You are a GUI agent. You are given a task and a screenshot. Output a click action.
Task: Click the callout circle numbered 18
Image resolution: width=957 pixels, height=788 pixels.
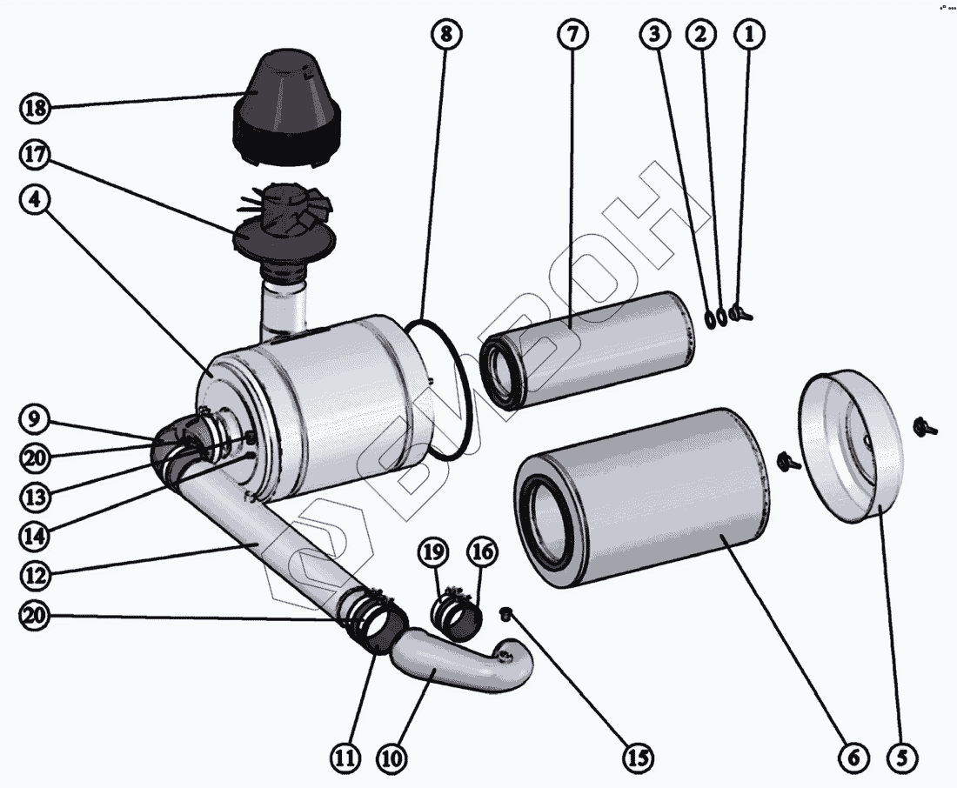(x=35, y=109)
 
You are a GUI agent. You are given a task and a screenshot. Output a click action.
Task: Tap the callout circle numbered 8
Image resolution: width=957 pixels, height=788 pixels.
(x=445, y=35)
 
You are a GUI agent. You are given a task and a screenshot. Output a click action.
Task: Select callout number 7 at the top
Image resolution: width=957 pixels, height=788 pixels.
(x=572, y=35)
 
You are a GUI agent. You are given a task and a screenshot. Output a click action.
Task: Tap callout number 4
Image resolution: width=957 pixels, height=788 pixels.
(x=35, y=198)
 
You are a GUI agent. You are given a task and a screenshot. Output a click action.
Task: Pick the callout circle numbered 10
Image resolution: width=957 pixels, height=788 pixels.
(x=392, y=758)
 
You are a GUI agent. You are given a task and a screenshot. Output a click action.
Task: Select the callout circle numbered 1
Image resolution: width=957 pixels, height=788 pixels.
(x=749, y=35)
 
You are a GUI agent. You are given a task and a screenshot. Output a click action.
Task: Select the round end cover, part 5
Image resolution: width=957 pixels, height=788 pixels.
(x=848, y=448)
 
